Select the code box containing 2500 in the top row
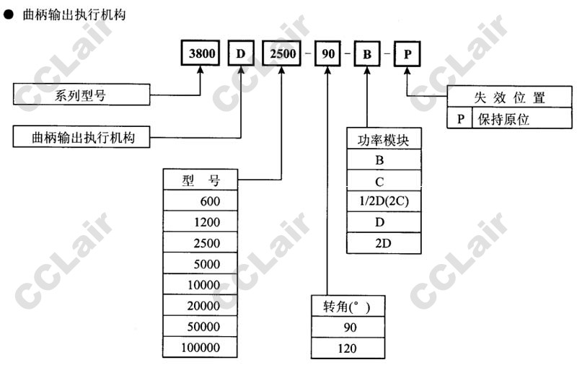coord(281,54)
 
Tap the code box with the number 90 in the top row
coord(328,54)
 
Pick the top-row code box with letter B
coord(366,54)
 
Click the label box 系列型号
coord(82,95)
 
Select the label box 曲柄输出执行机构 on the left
coord(82,136)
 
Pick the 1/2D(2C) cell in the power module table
coord(383,201)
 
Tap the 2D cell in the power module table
coord(383,243)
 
